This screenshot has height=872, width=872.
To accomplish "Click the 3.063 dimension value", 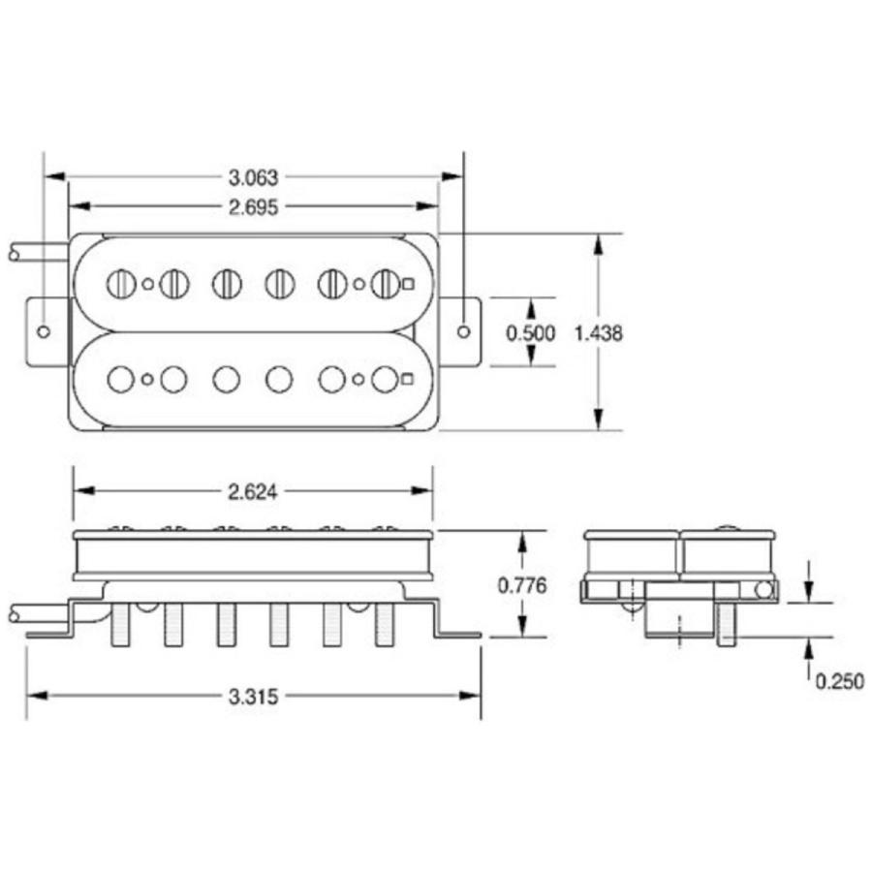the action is [x=253, y=178].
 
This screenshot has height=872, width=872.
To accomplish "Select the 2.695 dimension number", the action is [x=253, y=207].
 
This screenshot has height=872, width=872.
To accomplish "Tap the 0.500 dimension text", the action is [x=531, y=333].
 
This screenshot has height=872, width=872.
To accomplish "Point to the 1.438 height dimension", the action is [x=599, y=333].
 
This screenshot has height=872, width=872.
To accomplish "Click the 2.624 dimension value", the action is [x=253, y=492].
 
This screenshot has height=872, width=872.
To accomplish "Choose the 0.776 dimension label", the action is [x=522, y=585].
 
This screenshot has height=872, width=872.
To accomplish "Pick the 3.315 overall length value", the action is [x=253, y=697].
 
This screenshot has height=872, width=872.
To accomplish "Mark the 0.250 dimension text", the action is [x=840, y=681].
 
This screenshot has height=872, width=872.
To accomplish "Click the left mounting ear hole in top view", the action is [x=44, y=332].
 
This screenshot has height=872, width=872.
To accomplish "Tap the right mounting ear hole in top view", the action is [x=464, y=332].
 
